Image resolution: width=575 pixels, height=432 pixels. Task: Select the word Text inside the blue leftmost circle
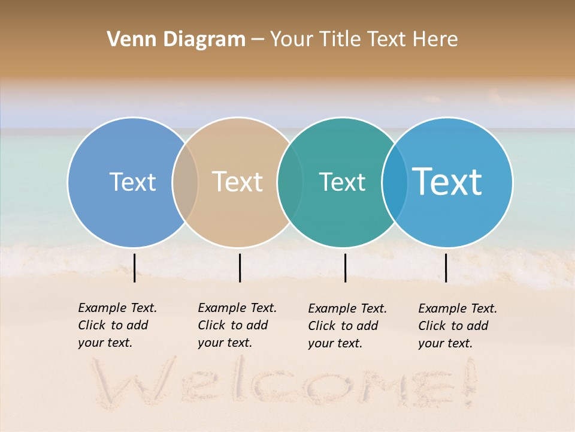132,182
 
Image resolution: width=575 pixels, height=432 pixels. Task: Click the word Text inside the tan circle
238,182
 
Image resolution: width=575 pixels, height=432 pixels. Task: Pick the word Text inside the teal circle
342,182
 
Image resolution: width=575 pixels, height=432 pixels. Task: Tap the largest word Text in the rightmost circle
447,182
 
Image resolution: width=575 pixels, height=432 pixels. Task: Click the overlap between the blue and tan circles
185,182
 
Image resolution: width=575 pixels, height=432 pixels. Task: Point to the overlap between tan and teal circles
290,182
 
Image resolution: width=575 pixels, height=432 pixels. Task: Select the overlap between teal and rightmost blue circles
394,182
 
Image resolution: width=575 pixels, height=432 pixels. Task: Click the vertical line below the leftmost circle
135,268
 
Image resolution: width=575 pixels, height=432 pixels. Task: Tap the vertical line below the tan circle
240,268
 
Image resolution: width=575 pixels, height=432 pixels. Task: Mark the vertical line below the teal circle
345,268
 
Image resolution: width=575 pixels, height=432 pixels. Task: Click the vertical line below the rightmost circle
446,268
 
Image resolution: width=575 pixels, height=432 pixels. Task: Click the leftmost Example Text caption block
117,325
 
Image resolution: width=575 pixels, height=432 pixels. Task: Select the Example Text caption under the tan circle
237,325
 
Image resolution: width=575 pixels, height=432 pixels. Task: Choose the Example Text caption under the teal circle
347,326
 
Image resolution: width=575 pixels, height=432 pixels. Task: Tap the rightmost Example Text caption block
458,326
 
